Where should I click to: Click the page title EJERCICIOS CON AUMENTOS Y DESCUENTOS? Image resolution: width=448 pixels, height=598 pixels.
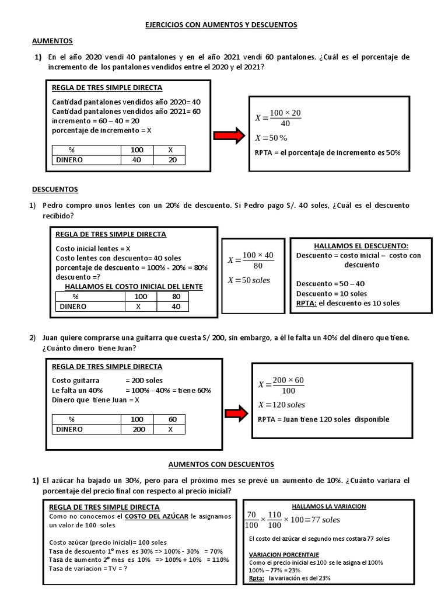point(221,25)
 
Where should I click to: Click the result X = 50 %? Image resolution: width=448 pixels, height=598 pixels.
point(272,138)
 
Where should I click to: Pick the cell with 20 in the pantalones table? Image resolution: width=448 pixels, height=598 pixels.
point(172,159)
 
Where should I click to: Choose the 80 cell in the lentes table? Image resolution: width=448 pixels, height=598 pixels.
point(176,297)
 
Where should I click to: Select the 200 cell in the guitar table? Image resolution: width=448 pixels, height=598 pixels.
point(138,429)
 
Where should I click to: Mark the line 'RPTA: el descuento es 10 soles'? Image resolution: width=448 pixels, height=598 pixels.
point(348,303)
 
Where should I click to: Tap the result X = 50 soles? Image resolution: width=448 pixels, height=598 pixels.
point(249,280)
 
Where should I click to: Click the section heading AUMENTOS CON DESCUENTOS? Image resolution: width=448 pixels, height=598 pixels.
point(220,464)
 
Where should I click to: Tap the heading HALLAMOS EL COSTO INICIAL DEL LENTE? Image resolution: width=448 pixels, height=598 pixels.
point(134,287)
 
